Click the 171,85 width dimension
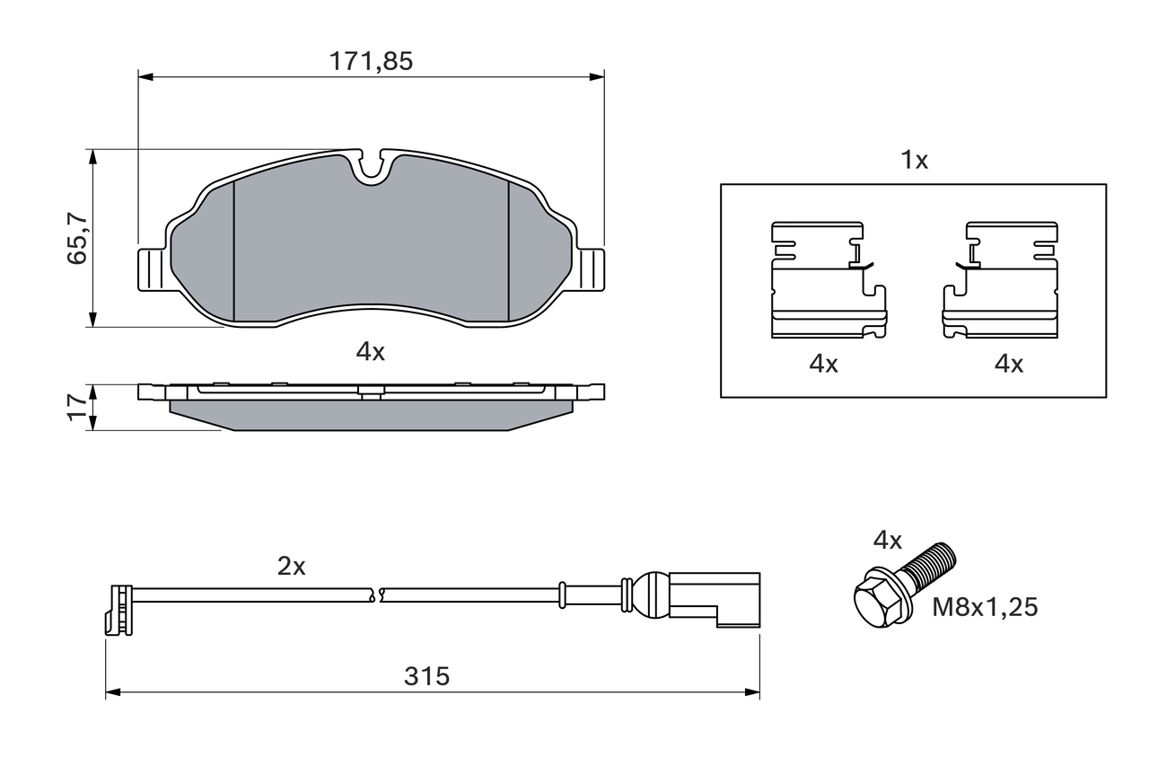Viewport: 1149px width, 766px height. point(370,62)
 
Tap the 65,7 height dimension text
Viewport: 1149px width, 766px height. point(78,239)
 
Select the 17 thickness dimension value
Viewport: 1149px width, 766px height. point(78,407)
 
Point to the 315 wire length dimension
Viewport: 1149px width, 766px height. point(426,676)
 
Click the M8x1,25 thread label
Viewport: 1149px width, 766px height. point(985,608)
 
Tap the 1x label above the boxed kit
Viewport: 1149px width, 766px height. point(914,161)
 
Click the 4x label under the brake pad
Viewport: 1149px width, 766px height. point(370,352)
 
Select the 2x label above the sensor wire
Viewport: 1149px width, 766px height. point(291,567)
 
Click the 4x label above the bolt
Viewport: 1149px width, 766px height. point(887,540)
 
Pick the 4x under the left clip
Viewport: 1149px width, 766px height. point(823,364)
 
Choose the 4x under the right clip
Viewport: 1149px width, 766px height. point(1008,364)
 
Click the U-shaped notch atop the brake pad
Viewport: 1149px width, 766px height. point(370,167)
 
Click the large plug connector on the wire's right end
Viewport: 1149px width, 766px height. point(714,596)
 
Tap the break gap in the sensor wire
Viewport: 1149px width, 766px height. point(376,593)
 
